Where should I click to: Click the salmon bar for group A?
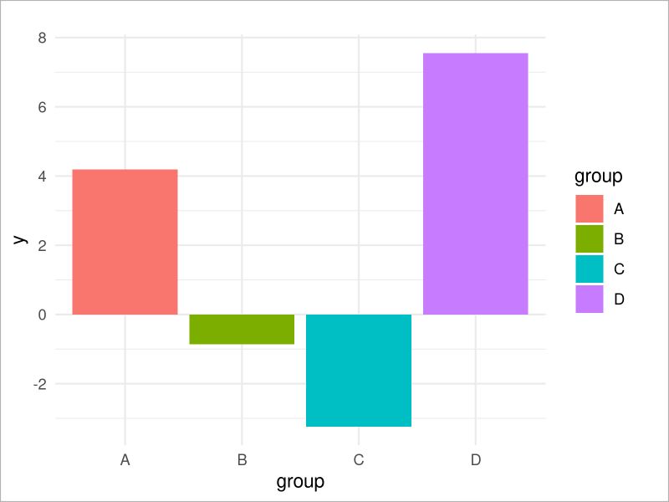(125, 242)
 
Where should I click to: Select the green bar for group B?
(242, 329)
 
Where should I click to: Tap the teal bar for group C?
(359, 370)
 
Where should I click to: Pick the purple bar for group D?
(475, 183)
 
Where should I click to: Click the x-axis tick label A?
(125, 459)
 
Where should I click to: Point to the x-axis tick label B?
(242, 459)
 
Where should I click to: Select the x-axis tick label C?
(359, 459)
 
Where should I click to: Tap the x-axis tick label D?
(475, 459)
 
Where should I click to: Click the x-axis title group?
(300, 483)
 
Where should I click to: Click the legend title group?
(598, 177)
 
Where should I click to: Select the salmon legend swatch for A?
(589, 208)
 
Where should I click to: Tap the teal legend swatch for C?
(589, 269)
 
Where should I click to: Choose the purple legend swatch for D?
(589, 299)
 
